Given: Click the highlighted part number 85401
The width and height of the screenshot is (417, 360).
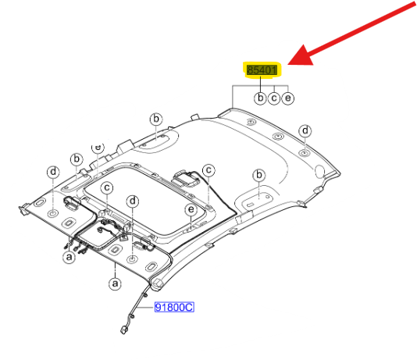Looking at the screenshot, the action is [262, 70].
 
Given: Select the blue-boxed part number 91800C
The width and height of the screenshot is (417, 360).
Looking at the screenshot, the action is [174, 308].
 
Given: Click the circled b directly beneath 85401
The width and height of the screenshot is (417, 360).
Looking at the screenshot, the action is [260, 98].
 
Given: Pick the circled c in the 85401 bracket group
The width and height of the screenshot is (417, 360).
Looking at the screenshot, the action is [274, 98].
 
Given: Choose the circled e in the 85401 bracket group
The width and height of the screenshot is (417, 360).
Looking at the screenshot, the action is [287, 98].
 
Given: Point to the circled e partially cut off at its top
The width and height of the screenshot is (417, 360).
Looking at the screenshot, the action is [98, 148].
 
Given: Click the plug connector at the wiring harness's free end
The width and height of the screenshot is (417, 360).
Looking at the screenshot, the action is [124, 330].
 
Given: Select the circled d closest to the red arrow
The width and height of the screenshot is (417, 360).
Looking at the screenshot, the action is [305, 131].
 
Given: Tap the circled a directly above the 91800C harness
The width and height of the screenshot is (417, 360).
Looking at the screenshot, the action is [115, 283].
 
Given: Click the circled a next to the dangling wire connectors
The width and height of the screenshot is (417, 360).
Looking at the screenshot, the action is [69, 257].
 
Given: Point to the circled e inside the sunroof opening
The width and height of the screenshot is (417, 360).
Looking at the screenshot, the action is [191, 210].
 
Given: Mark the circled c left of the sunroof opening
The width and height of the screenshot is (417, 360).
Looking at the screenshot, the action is [107, 187].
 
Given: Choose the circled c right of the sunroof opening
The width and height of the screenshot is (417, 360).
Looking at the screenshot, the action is [208, 170].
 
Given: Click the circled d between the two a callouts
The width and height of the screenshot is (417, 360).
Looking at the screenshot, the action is [133, 201].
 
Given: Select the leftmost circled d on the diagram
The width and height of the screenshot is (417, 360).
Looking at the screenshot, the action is [53, 172].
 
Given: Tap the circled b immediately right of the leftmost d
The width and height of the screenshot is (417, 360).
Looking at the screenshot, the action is [77, 159].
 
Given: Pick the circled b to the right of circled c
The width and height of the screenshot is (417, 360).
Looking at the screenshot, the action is [258, 175].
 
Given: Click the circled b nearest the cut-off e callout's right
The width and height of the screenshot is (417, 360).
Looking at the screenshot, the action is [156, 119].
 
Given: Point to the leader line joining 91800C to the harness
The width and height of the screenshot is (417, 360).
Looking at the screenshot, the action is [147, 308].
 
